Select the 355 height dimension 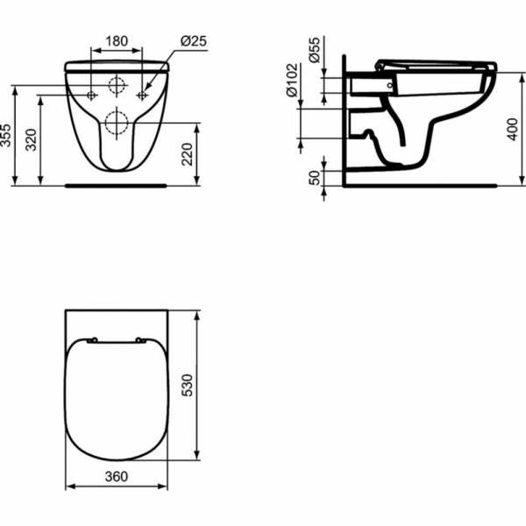click(x=7, y=136)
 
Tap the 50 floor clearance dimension click(x=313, y=179)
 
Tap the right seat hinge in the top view click(x=140, y=339)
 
